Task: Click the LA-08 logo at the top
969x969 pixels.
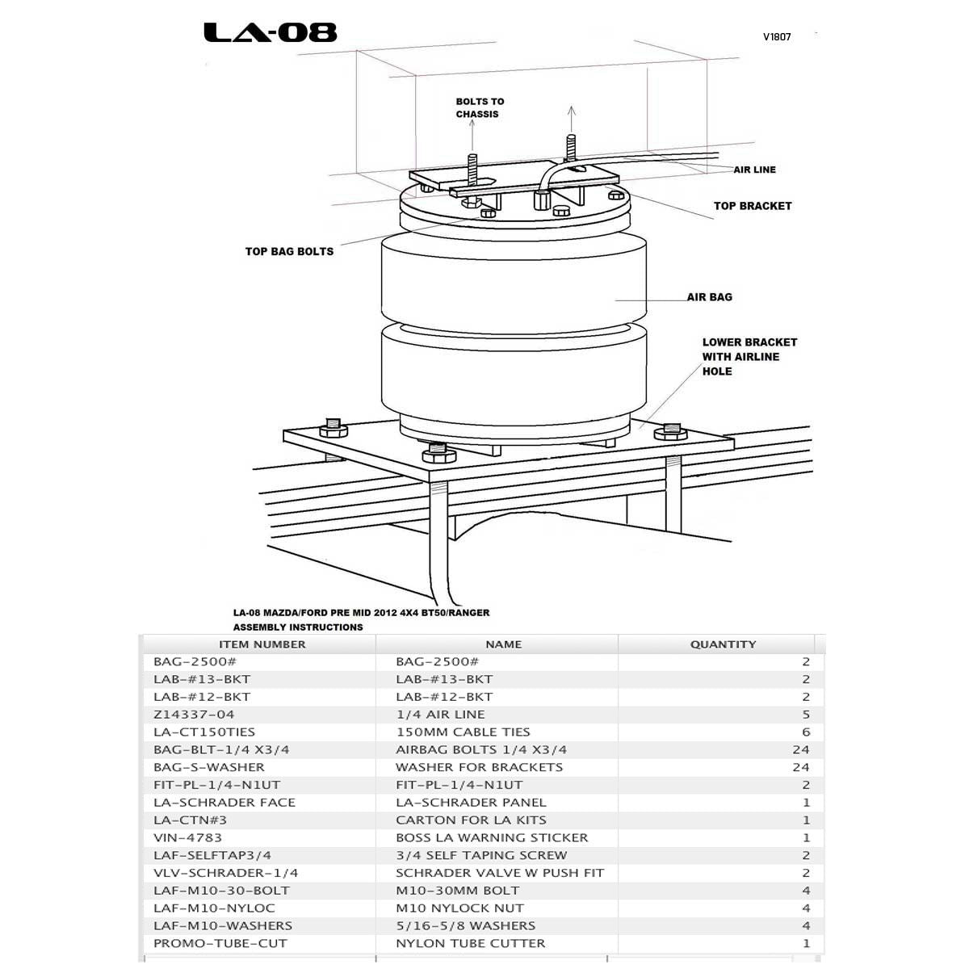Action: pos(270,32)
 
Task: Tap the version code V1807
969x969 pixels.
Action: pos(777,37)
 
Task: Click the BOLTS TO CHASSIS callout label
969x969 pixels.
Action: pos(479,107)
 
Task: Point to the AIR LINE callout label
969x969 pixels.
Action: pos(754,170)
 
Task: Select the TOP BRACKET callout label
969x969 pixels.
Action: pos(752,206)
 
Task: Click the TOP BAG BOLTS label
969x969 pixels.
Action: pos(289,251)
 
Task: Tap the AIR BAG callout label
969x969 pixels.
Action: pos(709,297)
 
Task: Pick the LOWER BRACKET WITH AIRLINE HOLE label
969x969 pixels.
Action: pos(749,357)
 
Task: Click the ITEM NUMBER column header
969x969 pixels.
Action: pos(262,644)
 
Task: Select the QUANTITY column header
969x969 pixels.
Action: pos(723,644)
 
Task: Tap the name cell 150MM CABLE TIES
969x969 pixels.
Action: pos(463,732)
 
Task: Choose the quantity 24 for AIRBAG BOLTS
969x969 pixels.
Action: pos(800,750)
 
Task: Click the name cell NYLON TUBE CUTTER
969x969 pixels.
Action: pos(470,943)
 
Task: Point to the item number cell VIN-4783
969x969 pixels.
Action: pos(187,837)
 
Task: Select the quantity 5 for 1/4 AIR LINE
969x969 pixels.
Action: pos(805,715)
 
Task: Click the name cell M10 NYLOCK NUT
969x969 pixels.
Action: pos(459,908)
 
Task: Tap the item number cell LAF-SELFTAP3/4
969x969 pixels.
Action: pos(212,855)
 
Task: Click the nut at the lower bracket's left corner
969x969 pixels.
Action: pos(333,427)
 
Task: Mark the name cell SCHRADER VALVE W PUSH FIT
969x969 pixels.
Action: pos(499,873)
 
